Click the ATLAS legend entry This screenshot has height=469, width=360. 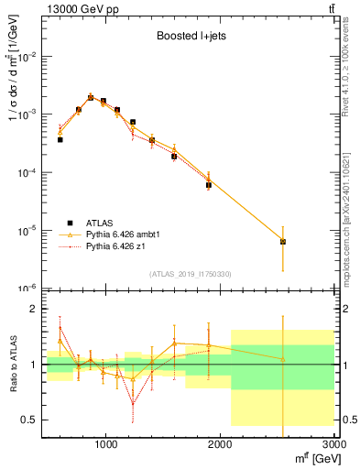pos(100,223)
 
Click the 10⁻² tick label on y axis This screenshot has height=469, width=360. pos(29,57)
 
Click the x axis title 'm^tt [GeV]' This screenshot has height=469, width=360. pos(310,457)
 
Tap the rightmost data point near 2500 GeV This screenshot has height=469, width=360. pos(283,242)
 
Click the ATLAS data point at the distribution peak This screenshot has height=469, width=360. pos(91,97)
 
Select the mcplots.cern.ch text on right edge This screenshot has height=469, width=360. pos(352,220)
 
